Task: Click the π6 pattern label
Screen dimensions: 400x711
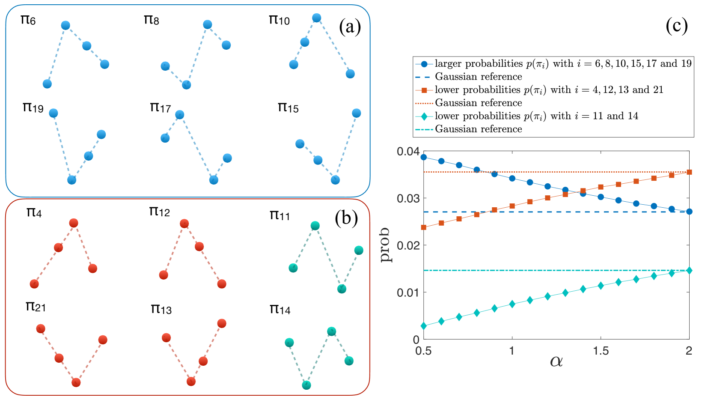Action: pos(28,20)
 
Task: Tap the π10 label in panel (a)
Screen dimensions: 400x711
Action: pos(279,20)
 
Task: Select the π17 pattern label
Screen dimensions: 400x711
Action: pos(161,107)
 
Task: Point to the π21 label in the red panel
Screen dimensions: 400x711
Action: pos(36,307)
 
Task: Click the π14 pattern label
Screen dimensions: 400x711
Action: pos(280,309)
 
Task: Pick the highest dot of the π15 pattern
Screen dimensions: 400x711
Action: pos(356,113)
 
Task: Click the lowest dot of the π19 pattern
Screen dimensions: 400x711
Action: pos(72,180)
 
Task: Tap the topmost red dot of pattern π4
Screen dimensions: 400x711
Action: pos(74,223)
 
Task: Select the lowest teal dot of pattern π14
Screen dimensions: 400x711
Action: pos(306,385)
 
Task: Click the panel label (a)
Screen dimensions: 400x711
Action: pos(350,27)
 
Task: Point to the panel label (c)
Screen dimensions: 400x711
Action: pos(676,26)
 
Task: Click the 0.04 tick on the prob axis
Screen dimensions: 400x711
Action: pos(408,152)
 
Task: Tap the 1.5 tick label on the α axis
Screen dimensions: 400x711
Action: pos(601,351)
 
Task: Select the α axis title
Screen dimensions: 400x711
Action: pos(556,361)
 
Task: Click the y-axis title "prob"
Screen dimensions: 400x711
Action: pos(385,245)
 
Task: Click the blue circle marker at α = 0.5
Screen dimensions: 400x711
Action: pos(424,157)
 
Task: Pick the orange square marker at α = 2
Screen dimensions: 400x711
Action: pos(689,172)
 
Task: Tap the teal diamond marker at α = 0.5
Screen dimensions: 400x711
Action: pos(424,326)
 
